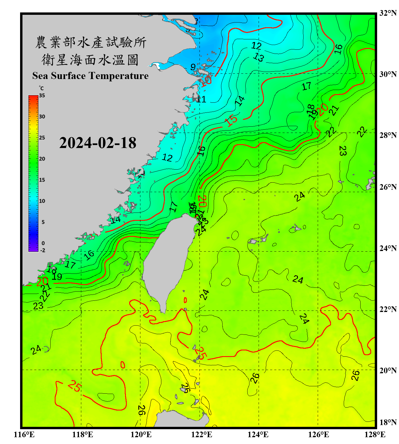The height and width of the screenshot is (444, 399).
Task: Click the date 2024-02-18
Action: [98, 143]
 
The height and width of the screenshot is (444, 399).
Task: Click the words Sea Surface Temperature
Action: [90, 76]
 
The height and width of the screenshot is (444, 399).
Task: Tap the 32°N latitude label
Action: [388, 13]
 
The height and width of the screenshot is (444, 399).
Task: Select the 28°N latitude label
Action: [388, 135]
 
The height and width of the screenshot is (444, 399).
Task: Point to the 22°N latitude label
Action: [388, 309]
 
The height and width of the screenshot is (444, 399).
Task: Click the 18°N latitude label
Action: [388, 422]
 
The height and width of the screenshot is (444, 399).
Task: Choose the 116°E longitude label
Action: [24, 435]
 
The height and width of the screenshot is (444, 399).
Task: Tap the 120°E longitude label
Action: [141, 435]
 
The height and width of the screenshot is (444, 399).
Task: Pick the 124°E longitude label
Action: [258, 435]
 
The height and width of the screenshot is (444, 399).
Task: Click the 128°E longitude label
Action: [375, 435]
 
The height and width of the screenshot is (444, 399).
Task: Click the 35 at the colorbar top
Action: [42, 96]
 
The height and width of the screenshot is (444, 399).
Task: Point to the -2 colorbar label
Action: [43, 250]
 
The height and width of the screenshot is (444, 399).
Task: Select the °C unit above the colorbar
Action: [41, 88]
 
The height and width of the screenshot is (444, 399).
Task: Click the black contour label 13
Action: [259, 57]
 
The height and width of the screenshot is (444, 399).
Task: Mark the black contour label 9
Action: [193, 67]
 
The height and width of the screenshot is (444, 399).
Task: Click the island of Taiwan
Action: [168, 260]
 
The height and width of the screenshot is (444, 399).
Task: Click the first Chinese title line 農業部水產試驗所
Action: [91, 42]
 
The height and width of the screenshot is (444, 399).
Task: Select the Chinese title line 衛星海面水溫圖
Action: [90, 60]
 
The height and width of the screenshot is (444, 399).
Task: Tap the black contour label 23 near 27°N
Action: [342, 151]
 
